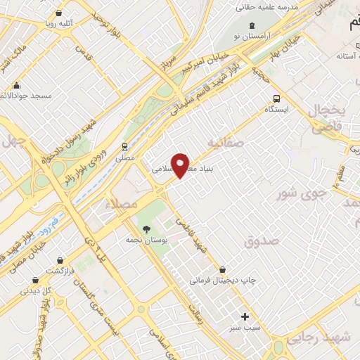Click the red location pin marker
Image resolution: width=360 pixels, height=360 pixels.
tap(181, 165)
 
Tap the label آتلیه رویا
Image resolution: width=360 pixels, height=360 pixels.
tap(70, 23)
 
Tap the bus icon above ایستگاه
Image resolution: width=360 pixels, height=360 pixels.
tap(276, 99)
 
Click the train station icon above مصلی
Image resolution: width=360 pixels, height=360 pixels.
tap(124, 147)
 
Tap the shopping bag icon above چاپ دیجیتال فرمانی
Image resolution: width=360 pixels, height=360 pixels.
tap(223, 269)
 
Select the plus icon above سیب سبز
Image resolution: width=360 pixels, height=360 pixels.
tap(245, 316)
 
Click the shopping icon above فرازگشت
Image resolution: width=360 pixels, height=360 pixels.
tap(62, 260)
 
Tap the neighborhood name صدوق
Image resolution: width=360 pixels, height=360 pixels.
tap(262, 241)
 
